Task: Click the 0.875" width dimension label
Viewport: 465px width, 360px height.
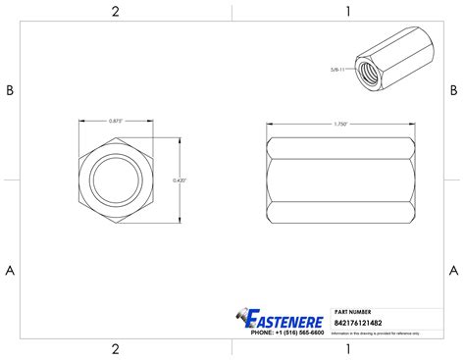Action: coord(115,121)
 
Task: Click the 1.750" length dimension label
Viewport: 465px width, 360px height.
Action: coord(340,125)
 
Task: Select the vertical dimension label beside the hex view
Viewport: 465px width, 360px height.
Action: coord(179,180)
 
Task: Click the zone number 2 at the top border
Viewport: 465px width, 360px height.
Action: coord(115,12)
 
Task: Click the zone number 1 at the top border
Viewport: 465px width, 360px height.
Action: coord(348,12)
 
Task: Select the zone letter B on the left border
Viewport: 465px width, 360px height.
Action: coord(10,90)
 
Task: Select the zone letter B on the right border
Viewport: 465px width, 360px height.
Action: coord(453,90)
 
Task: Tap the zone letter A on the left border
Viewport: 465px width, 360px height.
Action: coord(10,270)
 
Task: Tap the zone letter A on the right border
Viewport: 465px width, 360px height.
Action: coord(453,270)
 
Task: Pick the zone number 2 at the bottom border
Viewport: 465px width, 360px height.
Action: coord(115,349)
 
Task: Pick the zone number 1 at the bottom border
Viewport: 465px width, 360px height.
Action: coord(348,349)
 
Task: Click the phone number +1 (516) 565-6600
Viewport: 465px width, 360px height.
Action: coord(287,333)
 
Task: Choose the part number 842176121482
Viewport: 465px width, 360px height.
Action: coord(358,322)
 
